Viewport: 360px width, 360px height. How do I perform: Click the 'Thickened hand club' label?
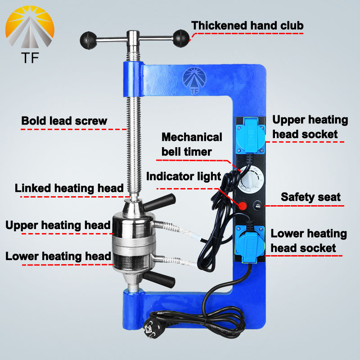(247, 25)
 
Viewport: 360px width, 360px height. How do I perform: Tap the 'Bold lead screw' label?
(64, 121)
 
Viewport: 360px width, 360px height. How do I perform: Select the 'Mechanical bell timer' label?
(192, 144)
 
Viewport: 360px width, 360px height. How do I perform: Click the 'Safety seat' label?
(311, 197)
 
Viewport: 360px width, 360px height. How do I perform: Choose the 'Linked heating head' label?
(69, 188)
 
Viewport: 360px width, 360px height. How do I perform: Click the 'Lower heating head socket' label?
(309, 241)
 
